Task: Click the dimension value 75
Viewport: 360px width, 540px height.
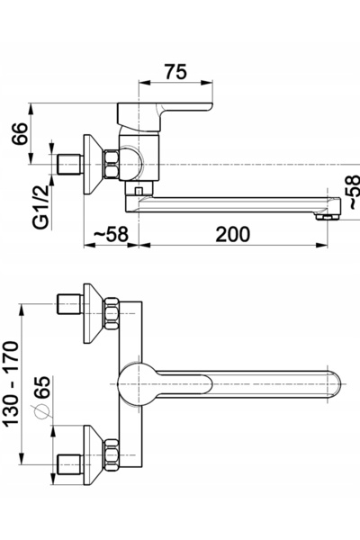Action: tap(175, 72)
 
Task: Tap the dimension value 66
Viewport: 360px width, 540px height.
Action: tap(20, 133)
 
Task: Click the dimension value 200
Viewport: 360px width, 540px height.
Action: tap(232, 235)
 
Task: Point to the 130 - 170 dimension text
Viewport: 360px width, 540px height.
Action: tap(12, 384)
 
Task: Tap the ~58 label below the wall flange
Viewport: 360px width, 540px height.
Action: tap(111, 235)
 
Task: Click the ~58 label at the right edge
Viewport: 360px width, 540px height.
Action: tap(355, 192)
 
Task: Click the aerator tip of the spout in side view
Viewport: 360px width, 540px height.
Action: tap(328, 216)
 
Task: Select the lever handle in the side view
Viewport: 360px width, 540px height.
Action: tap(165, 116)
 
